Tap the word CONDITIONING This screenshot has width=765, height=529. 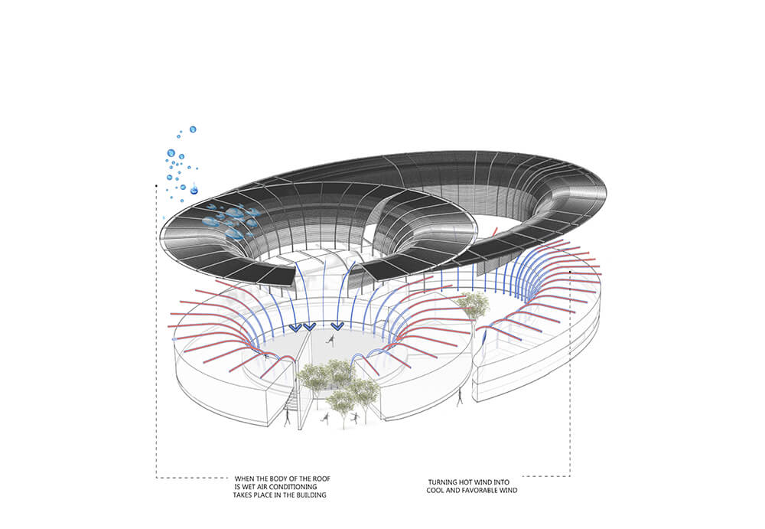click(x=292, y=487)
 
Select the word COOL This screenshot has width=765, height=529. click(x=435, y=491)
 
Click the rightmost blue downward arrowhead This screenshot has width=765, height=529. click(x=337, y=326)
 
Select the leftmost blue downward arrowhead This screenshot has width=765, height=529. click(x=295, y=328)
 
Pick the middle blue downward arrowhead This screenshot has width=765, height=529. click(x=309, y=326)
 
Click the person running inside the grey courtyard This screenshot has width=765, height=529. click(x=331, y=339)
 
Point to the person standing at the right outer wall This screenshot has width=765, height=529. click(x=459, y=398)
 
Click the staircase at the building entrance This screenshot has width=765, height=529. click(x=291, y=400)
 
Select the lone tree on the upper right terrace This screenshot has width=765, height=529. click(x=474, y=305)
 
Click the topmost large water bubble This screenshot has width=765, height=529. click(x=193, y=129)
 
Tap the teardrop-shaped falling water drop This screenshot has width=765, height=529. click(x=194, y=188)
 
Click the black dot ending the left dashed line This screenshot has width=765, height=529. click(x=155, y=185)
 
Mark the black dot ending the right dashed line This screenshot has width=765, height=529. click(x=570, y=270)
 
